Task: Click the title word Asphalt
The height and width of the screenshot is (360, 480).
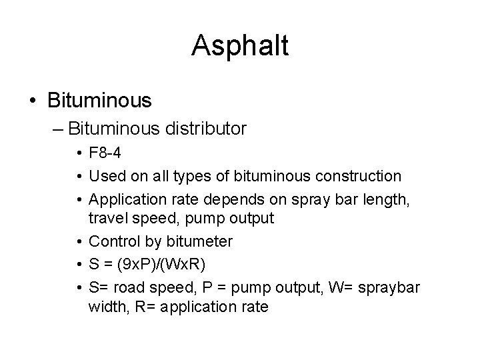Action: coord(240,46)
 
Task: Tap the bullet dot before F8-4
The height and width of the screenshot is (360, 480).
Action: coord(79,155)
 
